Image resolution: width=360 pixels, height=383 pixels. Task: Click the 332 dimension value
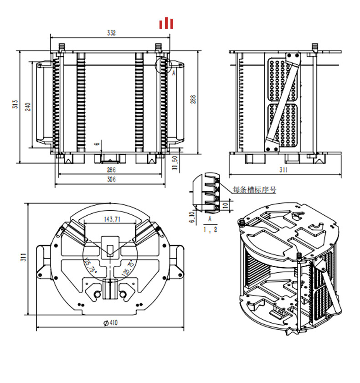coord(111,33)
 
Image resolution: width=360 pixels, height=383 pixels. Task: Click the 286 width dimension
coord(111,170)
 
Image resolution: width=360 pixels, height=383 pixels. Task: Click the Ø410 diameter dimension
coord(111,323)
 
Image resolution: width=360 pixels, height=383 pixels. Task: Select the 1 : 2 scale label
coord(210,229)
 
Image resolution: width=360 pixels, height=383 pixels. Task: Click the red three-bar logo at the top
coord(166,23)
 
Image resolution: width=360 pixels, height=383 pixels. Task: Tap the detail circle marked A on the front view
coord(163,65)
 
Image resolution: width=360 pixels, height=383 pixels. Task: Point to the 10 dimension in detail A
coord(226,205)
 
